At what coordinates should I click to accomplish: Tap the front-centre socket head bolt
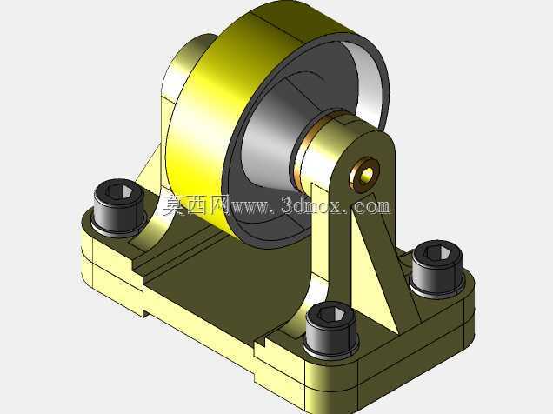(331, 329)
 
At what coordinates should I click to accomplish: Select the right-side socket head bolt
(437, 269)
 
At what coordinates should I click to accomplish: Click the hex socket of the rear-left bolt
(119, 191)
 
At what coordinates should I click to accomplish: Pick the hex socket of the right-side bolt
(437, 252)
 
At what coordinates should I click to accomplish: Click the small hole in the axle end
(367, 174)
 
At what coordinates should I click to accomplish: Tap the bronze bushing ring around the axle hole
(364, 175)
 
